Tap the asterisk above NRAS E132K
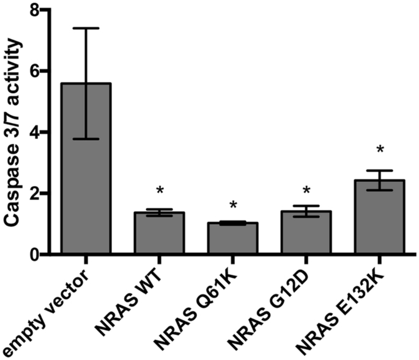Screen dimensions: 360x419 [x=379, y=150]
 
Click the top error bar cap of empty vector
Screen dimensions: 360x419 [x=86, y=28]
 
